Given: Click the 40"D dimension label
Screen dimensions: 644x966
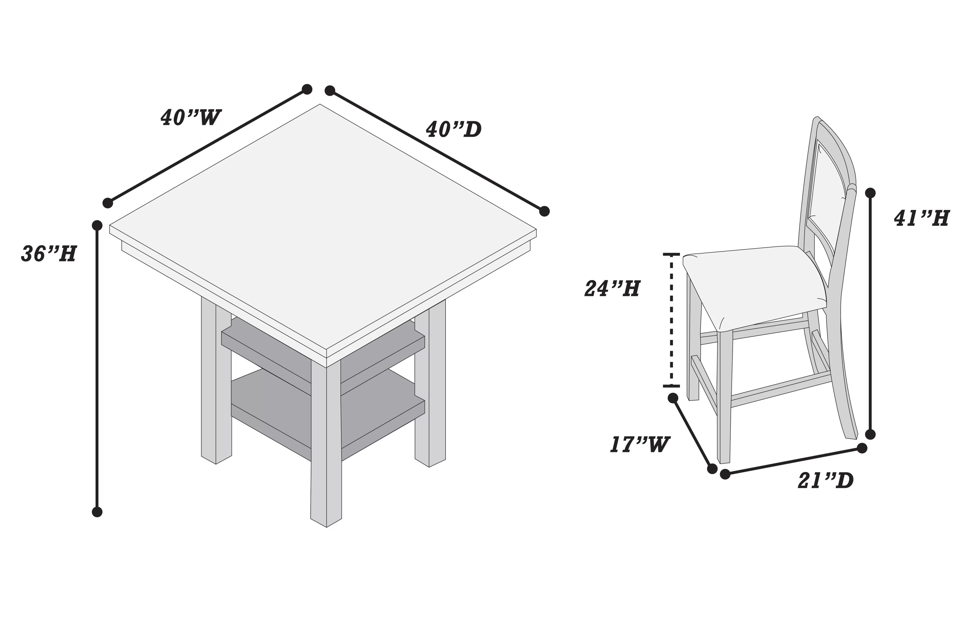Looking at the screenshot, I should [x=454, y=130].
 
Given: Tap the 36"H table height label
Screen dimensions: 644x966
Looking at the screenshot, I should [x=49, y=254].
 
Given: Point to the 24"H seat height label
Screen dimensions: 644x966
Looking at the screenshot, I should [x=612, y=289].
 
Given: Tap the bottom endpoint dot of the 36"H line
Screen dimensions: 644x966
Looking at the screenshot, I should [x=97, y=512].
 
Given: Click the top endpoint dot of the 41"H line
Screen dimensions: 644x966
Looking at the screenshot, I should [x=870, y=193].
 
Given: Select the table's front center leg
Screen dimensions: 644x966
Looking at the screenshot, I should [x=326, y=444].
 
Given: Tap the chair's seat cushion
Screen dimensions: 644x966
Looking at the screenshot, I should [x=752, y=283].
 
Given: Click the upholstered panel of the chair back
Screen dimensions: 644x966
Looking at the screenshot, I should [x=825, y=189].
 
